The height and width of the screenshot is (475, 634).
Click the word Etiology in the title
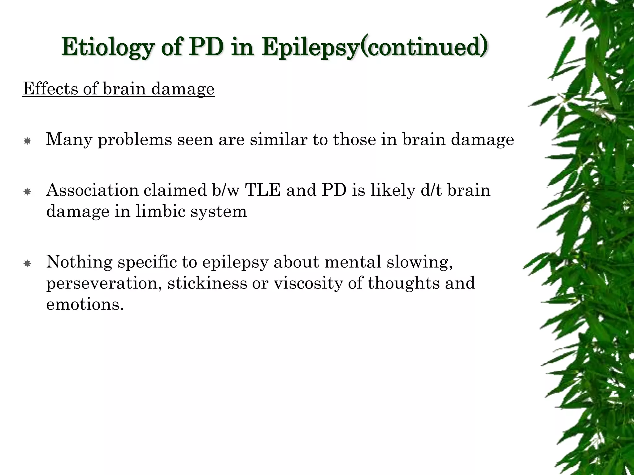tap(107, 47)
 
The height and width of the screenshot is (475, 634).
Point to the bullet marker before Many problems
tap(27, 141)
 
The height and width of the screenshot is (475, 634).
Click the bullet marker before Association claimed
tap(27, 192)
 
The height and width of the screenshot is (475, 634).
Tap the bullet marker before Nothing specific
tap(27, 264)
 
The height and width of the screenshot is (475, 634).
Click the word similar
tap(279, 139)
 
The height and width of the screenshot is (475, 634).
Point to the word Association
tap(92, 190)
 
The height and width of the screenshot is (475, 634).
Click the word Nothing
tap(79, 262)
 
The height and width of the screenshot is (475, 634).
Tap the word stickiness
tap(207, 283)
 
